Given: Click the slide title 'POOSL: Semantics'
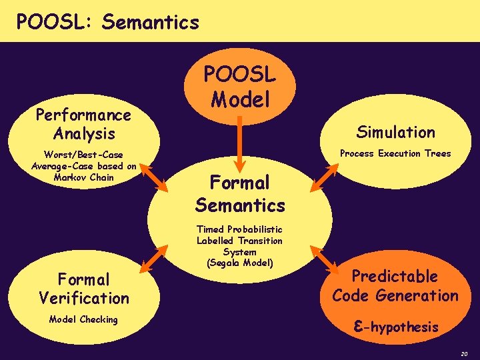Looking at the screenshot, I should (x=107, y=22).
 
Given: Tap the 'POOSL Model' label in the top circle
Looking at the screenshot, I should (x=239, y=87).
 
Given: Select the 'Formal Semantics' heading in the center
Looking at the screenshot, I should (x=240, y=193).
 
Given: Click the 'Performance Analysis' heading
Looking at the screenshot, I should (x=83, y=124).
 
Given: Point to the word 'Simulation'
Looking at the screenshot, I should (x=395, y=132).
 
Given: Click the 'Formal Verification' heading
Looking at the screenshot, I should (x=84, y=288).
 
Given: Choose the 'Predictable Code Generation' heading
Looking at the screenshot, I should (x=395, y=285).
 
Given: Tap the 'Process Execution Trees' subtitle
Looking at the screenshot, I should (x=395, y=153).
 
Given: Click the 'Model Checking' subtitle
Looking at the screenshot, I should (x=83, y=319).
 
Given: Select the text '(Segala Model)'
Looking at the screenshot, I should (x=239, y=263).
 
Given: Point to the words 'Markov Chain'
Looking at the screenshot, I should (x=84, y=177).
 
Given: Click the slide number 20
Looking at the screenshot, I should (x=463, y=353).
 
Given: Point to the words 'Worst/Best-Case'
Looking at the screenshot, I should (x=84, y=155).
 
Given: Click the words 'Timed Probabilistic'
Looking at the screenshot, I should (x=239, y=229).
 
